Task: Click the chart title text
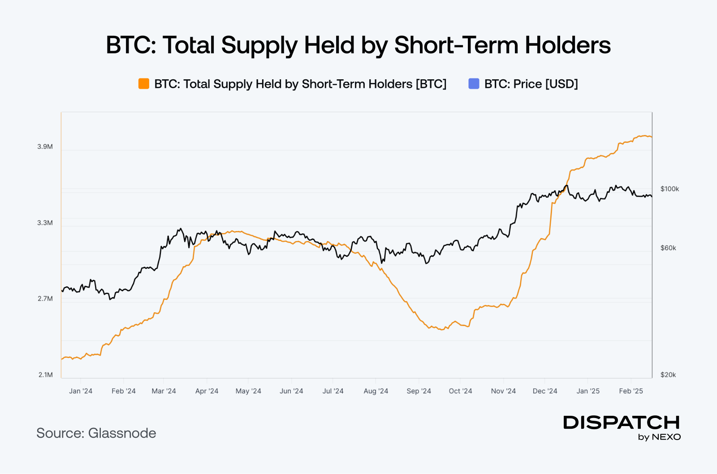(x=358, y=45)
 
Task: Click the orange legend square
(x=143, y=84)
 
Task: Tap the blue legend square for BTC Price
(x=474, y=84)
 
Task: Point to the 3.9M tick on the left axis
(x=45, y=147)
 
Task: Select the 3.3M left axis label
(x=45, y=223)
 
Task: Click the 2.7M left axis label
(x=45, y=298)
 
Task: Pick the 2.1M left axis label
(x=45, y=375)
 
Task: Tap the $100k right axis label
(x=669, y=189)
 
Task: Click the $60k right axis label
(x=668, y=248)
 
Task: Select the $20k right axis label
(x=668, y=375)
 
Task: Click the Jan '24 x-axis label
(x=81, y=391)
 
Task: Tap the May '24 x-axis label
(x=248, y=391)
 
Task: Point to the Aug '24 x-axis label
(x=376, y=391)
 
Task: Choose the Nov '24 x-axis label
(x=503, y=391)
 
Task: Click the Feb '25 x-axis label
(x=631, y=391)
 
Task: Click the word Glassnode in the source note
(x=122, y=433)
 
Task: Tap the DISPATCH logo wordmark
(x=621, y=422)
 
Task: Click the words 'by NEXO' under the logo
(x=659, y=437)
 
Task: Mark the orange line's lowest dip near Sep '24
(x=442, y=330)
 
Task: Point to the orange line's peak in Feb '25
(x=644, y=136)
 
